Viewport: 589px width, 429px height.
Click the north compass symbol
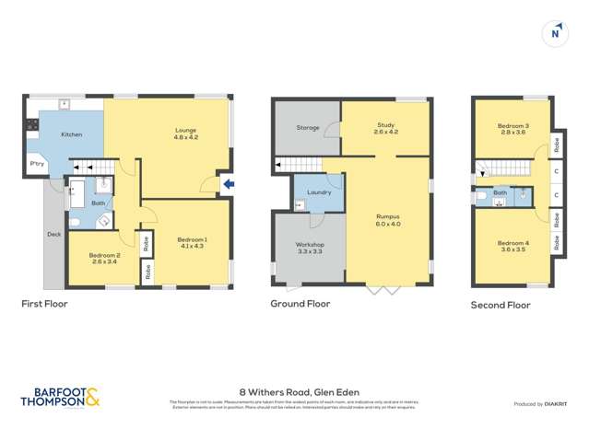(x=555, y=33)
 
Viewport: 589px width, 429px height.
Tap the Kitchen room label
(x=72, y=134)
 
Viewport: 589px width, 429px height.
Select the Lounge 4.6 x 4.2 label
(x=187, y=133)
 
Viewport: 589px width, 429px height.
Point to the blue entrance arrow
(x=229, y=184)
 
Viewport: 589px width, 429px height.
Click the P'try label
(x=37, y=164)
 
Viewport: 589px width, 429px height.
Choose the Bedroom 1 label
(x=192, y=243)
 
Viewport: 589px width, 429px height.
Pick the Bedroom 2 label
(x=105, y=259)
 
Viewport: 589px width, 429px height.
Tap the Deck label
(x=53, y=234)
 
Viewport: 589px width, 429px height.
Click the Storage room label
(x=308, y=128)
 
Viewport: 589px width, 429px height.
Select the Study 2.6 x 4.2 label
(x=385, y=128)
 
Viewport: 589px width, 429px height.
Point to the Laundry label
(x=319, y=192)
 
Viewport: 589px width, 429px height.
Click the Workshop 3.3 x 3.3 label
(x=309, y=248)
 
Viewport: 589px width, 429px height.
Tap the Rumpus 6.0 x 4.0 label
(x=388, y=220)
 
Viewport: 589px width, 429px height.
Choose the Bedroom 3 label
(x=512, y=129)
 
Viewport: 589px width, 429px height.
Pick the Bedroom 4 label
(x=512, y=247)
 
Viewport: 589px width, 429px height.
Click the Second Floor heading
(x=501, y=305)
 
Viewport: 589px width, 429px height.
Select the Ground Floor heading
(x=300, y=303)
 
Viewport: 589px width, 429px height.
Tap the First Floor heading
(x=45, y=303)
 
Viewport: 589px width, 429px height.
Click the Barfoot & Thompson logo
(x=60, y=397)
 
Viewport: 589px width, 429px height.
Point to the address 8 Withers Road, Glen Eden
(x=294, y=389)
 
